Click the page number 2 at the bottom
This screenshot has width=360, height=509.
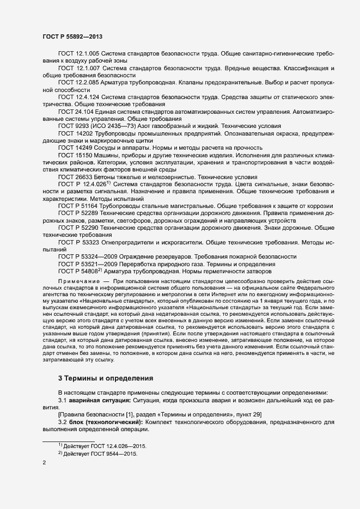(44, 463)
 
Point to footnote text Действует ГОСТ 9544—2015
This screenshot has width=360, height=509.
(101, 453)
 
